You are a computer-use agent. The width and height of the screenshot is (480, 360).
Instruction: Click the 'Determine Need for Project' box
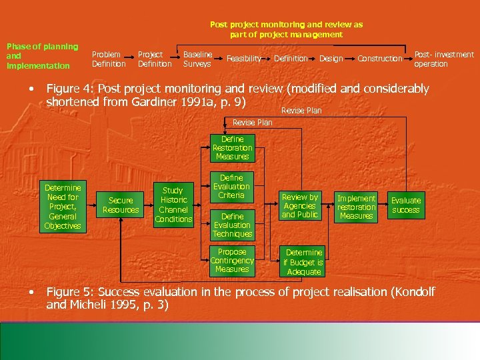[62, 207]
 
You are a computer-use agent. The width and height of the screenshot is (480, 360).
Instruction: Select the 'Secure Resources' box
[121, 205]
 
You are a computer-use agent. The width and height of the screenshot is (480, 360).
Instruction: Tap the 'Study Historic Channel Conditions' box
[173, 205]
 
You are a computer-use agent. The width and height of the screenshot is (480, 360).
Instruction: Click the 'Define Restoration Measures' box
[232, 148]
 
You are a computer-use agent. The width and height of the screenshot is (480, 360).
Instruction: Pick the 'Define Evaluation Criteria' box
[232, 187]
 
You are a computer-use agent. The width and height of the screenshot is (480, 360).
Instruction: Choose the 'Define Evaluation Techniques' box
[232, 225]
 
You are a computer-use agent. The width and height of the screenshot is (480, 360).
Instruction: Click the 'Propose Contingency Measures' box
[232, 261]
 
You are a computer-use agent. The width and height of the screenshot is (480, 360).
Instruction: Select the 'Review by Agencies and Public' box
[300, 206]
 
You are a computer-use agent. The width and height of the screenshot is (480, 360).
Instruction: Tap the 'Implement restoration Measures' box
[356, 207]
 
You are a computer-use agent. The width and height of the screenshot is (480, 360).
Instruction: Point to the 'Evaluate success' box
[405, 205]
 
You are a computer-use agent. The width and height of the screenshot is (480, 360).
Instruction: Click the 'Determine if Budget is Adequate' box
[303, 262]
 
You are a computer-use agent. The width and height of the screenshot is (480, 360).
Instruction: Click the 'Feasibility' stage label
[244, 59]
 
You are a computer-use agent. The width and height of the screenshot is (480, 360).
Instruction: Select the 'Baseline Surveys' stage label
[197, 59]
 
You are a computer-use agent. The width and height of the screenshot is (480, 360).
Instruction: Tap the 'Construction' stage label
[380, 59]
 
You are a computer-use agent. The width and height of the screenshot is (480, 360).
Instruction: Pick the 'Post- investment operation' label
[443, 59]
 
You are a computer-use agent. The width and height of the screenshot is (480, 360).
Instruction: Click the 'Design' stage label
[331, 59]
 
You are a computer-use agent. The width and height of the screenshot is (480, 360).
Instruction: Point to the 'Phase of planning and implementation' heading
[42, 56]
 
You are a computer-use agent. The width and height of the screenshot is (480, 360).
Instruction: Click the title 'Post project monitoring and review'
[286, 29]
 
